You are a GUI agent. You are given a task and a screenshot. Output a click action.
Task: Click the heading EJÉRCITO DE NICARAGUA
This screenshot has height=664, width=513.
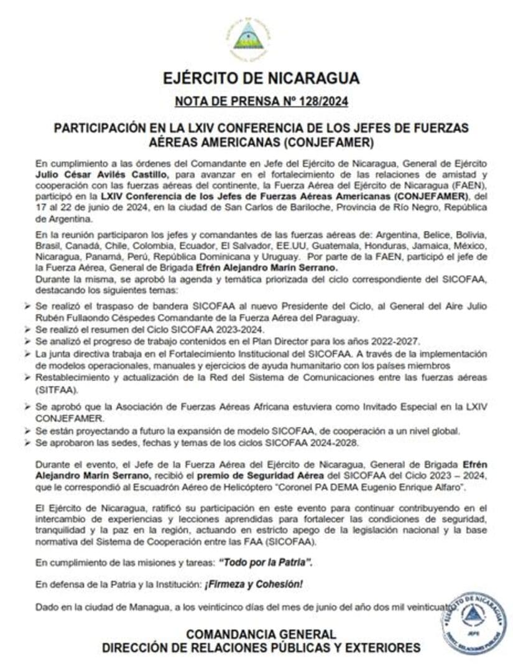point(261,78)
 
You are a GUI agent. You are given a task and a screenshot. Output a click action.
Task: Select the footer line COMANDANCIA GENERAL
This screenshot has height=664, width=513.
point(261,634)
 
